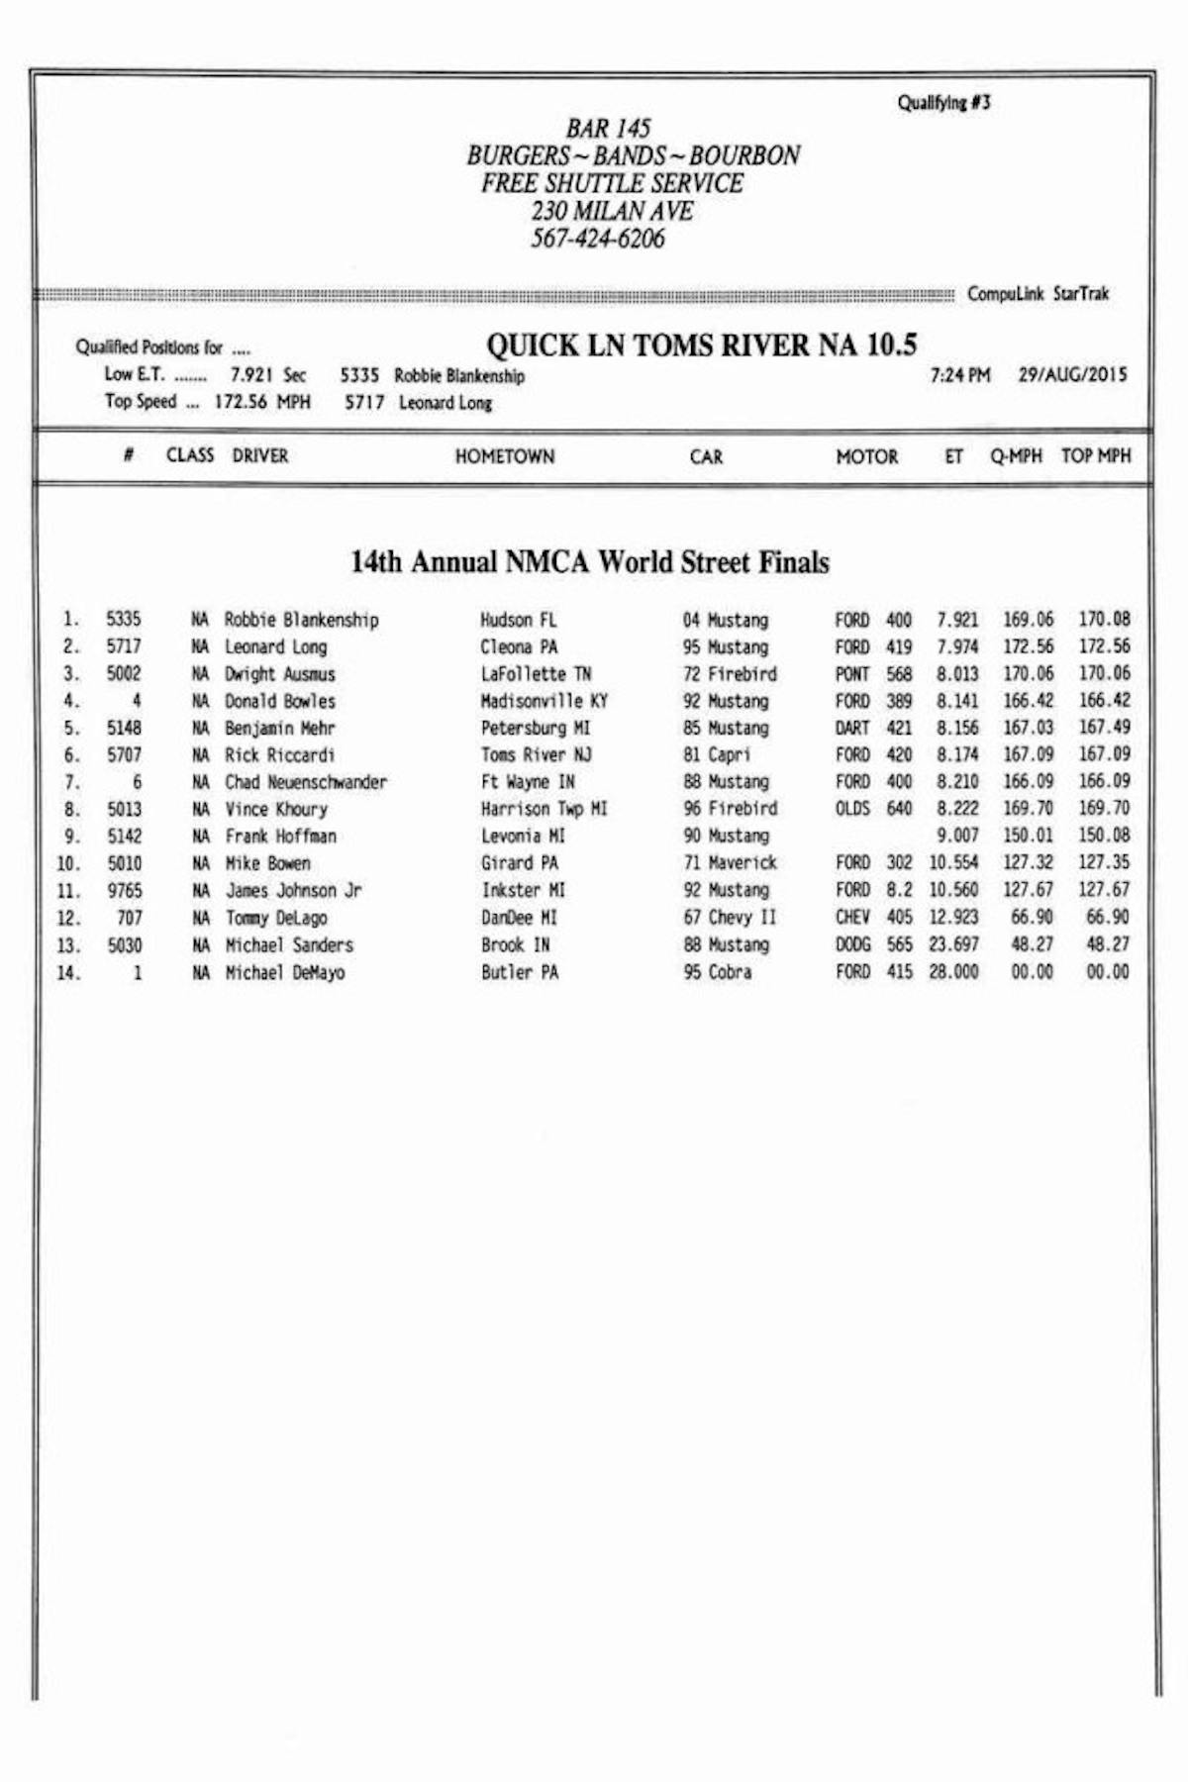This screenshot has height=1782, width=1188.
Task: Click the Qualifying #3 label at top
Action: pyautogui.click(x=943, y=103)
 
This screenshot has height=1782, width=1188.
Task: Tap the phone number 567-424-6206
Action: pyautogui.click(x=597, y=239)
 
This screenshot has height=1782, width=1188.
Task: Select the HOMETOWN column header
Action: pyautogui.click(x=504, y=456)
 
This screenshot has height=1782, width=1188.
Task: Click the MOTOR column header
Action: pyautogui.click(x=866, y=456)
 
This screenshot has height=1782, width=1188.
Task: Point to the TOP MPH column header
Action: pyautogui.click(x=1095, y=455)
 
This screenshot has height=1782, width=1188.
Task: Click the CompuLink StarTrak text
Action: pyautogui.click(x=1038, y=294)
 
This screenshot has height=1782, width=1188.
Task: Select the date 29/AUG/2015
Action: pyautogui.click(x=1072, y=375)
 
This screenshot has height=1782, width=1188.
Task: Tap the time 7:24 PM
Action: pyautogui.click(x=959, y=375)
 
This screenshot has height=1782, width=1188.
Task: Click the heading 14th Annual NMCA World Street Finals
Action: pyautogui.click(x=590, y=562)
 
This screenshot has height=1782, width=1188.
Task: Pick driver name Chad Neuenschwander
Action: pyautogui.click(x=305, y=782)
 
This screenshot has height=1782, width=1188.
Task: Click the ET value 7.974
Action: pyautogui.click(x=957, y=646)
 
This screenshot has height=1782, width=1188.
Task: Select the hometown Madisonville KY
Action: pyautogui.click(x=544, y=701)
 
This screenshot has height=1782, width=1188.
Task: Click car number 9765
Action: pyautogui.click(x=125, y=890)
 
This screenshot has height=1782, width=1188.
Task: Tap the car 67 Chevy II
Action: pyautogui.click(x=730, y=917)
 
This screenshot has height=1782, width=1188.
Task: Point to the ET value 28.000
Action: pyautogui.click(x=953, y=972)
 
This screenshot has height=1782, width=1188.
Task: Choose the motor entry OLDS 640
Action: pyautogui.click(x=872, y=809)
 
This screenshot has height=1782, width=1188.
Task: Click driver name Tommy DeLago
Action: pyautogui.click(x=276, y=918)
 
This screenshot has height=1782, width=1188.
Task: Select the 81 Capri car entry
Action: pyautogui.click(x=717, y=754)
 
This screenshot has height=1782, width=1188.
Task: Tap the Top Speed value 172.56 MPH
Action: pyautogui.click(x=261, y=402)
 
